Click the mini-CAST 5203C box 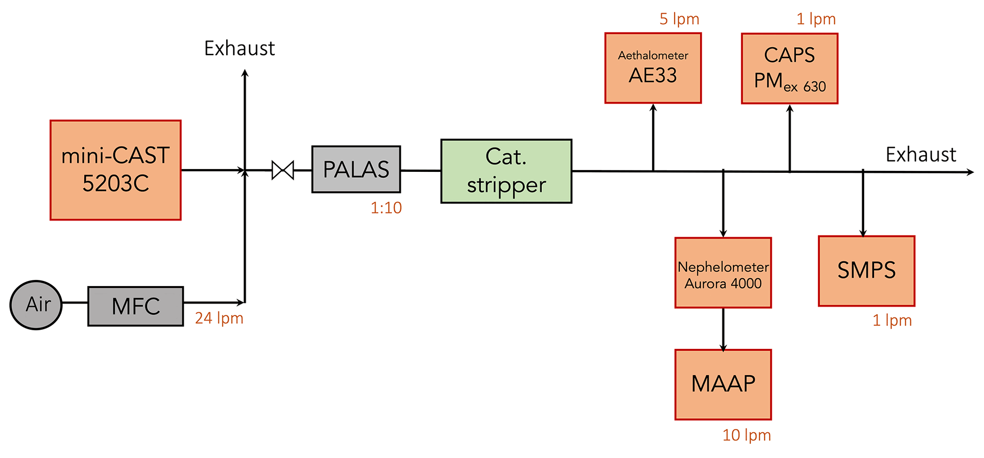pyautogui.click(x=116, y=170)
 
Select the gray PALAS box pyautogui.click(x=356, y=169)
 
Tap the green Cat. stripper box pyautogui.click(x=506, y=171)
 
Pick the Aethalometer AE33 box pyautogui.click(x=653, y=68)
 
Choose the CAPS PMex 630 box pyautogui.click(x=789, y=69)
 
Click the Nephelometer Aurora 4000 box pyautogui.click(x=723, y=273)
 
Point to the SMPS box pyautogui.click(x=866, y=271)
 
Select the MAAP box pyautogui.click(x=723, y=385)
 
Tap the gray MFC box pyautogui.click(x=136, y=306)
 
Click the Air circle pyautogui.click(x=36, y=305)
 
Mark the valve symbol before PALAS pyautogui.click(x=283, y=170)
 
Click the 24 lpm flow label pyautogui.click(x=219, y=318)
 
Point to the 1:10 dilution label pyautogui.click(x=386, y=208)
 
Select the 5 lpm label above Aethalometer pyautogui.click(x=679, y=19)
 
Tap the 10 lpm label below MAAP pyautogui.click(x=746, y=435)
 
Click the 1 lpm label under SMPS pyautogui.click(x=892, y=320)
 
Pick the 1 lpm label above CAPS pyautogui.click(x=816, y=19)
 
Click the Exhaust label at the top pyautogui.click(x=239, y=49)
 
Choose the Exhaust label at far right pyautogui.click(x=921, y=155)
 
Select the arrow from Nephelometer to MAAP pyautogui.click(x=723, y=329)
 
